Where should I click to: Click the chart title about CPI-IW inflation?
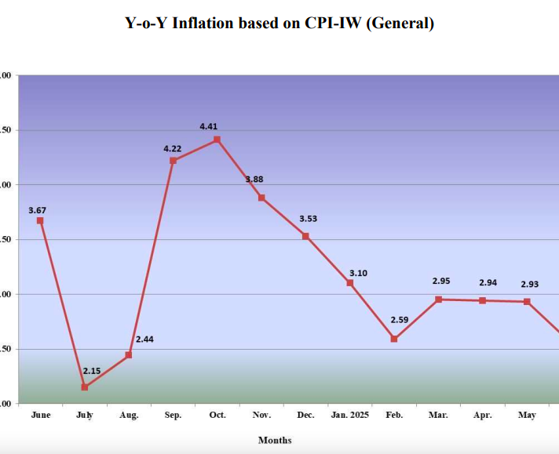[279, 23]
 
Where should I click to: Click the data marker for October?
[217, 140]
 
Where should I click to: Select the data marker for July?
[84, 387]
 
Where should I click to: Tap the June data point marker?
[40, 220]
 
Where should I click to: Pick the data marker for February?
[394, 339]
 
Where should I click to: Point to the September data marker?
[173, 161]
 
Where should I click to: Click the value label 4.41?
[210, 125]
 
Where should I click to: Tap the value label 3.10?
[358, 273]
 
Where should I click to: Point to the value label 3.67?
[38, 210]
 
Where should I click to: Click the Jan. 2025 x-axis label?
[349, 415]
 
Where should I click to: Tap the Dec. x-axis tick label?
[305, 415]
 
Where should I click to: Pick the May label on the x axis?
[527, 415]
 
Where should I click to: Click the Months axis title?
[275, 440]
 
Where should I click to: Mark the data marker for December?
[305, 236]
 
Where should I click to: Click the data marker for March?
[438, 300]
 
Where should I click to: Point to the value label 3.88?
[254, 180]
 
